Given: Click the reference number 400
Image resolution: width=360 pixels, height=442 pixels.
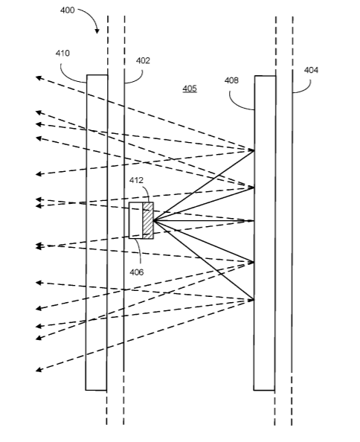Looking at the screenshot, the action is pyautogui.click(x=68, y=10).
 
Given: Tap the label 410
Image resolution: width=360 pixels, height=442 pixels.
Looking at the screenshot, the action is pyautogui.click(x=62, y=53).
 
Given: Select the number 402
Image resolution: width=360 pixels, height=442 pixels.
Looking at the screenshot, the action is pyautogui.click(x=143, y=60).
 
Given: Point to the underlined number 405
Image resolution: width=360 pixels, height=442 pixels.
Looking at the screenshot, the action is pyautogui.click(x=190, y=89).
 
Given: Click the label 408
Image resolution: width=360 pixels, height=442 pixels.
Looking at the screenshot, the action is pyautogui.click(x=231, y=80).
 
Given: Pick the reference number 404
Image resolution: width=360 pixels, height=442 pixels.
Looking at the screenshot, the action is pyautogui.click(x=311, y=70).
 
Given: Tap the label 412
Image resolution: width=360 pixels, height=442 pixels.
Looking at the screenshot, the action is pyautogui.click(x=136, y=180).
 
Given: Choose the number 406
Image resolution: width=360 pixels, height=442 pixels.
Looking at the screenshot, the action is pyautogui.click(x=137, y=272).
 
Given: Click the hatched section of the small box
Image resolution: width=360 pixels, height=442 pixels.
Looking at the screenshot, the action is pyautogui.click(x=148, y=220).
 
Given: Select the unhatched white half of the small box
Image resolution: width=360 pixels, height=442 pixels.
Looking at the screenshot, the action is pyautogui.click(x=136, y=220).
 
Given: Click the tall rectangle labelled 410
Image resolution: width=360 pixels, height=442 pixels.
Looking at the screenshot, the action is pyautogui.click(x=97, y=233).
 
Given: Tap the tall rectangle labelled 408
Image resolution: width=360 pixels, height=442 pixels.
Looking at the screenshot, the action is pyautogui.click(x=265, y=233).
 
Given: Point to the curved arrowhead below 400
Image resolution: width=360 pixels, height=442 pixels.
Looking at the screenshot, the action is pyautogui.click(x=97, y=31).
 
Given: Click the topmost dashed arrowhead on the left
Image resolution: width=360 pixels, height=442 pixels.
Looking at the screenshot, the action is pyautogui.click(x=39, y=77).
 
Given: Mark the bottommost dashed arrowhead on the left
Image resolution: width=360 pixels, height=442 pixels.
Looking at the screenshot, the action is pyautogui.click(x=39, y=370).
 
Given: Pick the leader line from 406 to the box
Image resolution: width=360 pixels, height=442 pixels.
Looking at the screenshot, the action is pyautogui.click(x=138, y=252).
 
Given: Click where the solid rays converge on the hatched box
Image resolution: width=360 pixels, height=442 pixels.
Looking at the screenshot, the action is pyautogui.click(x=154, y=220).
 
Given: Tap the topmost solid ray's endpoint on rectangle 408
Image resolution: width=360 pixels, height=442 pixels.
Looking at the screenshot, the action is pyautogui.click(x=254, y=150).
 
